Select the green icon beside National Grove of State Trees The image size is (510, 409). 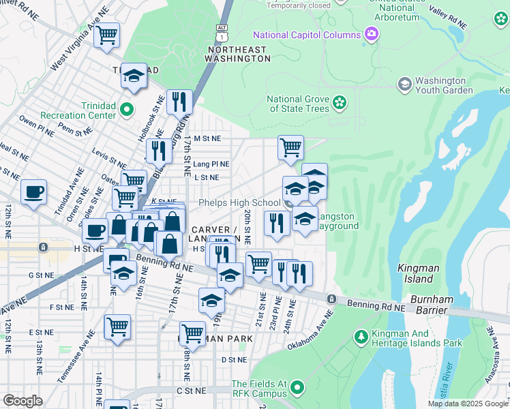pos(340,104)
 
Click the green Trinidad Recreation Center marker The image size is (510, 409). pos(126,109)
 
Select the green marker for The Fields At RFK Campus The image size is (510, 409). pos(297,388)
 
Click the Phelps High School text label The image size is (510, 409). pos(239,202)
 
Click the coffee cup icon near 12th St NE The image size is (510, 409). pos(34,192)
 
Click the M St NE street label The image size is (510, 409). pos(207,138)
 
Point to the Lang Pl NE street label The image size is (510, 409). pos(211,164)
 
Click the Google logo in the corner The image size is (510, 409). pos(22,401)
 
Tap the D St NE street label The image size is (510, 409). pos(233,359)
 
